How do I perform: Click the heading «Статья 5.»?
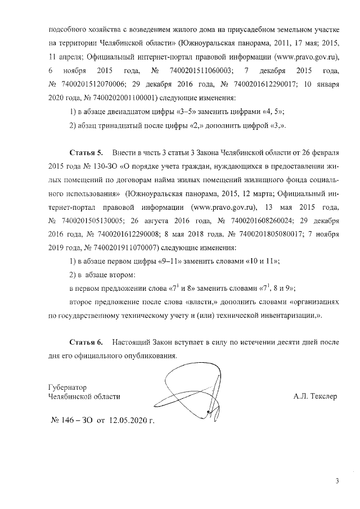pos(86,153)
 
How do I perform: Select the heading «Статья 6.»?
pos(86,342)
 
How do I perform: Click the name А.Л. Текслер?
pos(315,397)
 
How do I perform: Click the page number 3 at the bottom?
pos(337,481)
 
